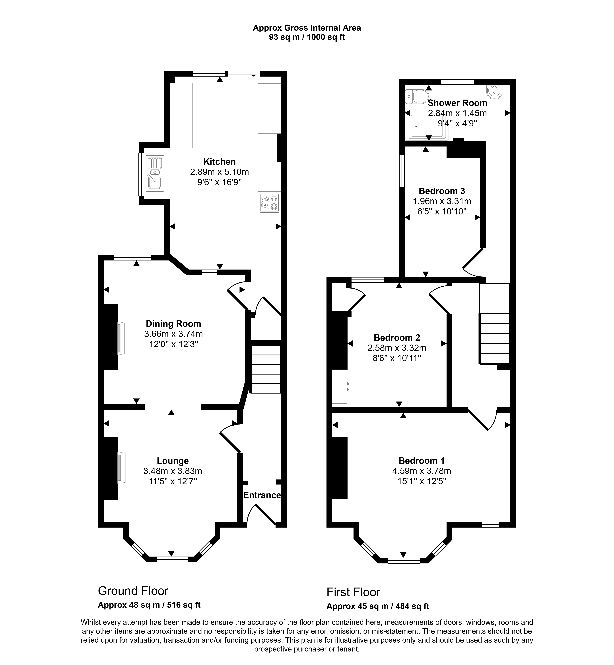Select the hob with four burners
(x=269, y=202)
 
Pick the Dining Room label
(x=173, y=324)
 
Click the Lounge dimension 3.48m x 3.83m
(x=173, y=471)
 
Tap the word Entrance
(x=262, y=495)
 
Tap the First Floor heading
(x=353, y=592)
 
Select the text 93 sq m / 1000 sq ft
(x=307, y=37)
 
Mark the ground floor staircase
(x=265, y=370)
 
